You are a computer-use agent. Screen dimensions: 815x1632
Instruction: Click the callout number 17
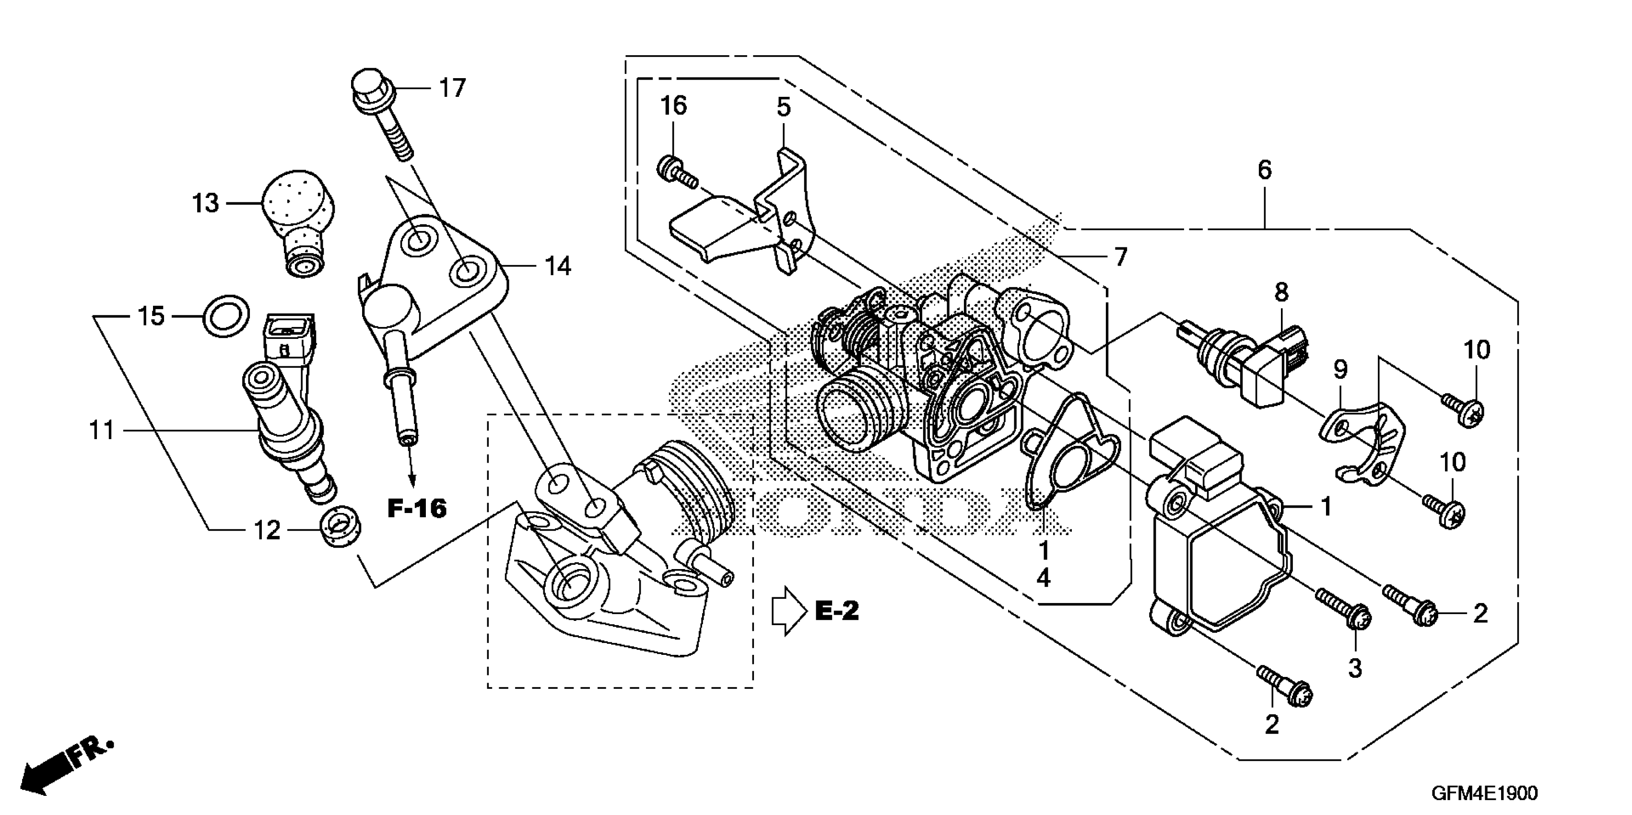452,88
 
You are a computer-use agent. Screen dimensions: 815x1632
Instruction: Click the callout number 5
784,108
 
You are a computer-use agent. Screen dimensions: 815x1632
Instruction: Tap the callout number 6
1264,170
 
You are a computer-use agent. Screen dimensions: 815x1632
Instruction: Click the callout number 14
558,267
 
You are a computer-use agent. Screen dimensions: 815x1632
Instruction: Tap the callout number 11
101,431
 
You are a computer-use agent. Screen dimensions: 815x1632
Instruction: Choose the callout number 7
1121,257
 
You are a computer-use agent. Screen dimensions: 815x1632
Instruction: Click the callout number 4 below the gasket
1043,578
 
